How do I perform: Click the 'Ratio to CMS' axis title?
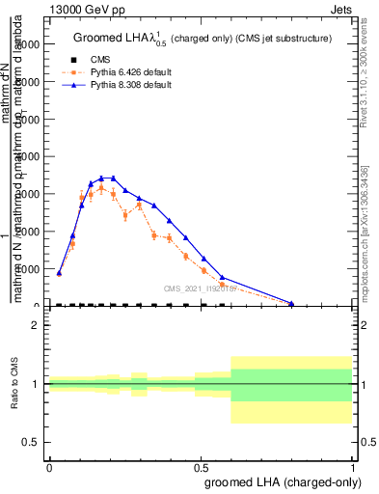[x=15, y=383]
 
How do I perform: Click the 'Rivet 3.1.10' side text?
[x=365, y=68]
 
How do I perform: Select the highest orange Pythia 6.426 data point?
[x=101, y=187]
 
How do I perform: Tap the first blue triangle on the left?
[x=59, y=273]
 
